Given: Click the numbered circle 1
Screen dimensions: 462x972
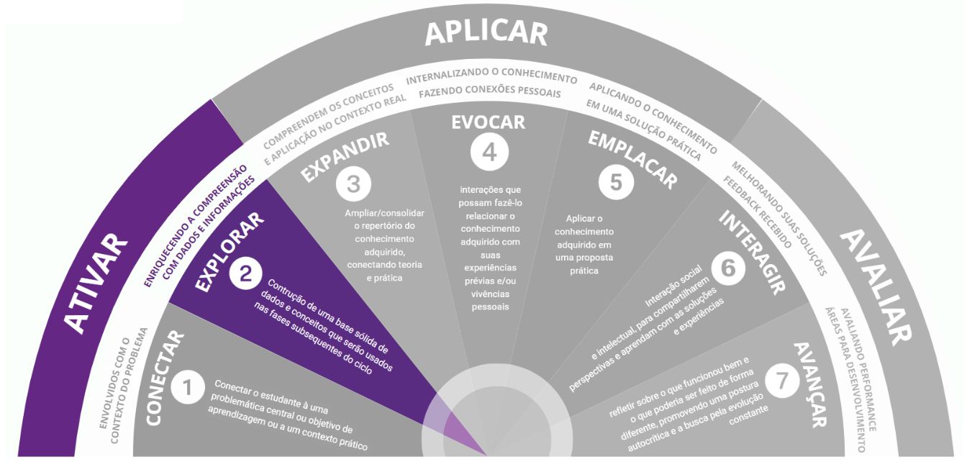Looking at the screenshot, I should tap(188, 389).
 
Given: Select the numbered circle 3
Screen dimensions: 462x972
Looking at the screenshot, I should tap(353, 184).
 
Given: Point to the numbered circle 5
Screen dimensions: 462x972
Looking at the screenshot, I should tap(616, 181).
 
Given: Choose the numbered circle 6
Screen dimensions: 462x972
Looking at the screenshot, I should tap(727, 268).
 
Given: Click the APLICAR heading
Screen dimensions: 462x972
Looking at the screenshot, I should tap(486, 33).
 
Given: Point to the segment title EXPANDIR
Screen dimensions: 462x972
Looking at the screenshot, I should tap(345, 156).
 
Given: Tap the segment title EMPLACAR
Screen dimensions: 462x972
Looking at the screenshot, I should tap(632, 158).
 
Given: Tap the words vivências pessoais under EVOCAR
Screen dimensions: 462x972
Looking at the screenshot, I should tap(490, 300).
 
